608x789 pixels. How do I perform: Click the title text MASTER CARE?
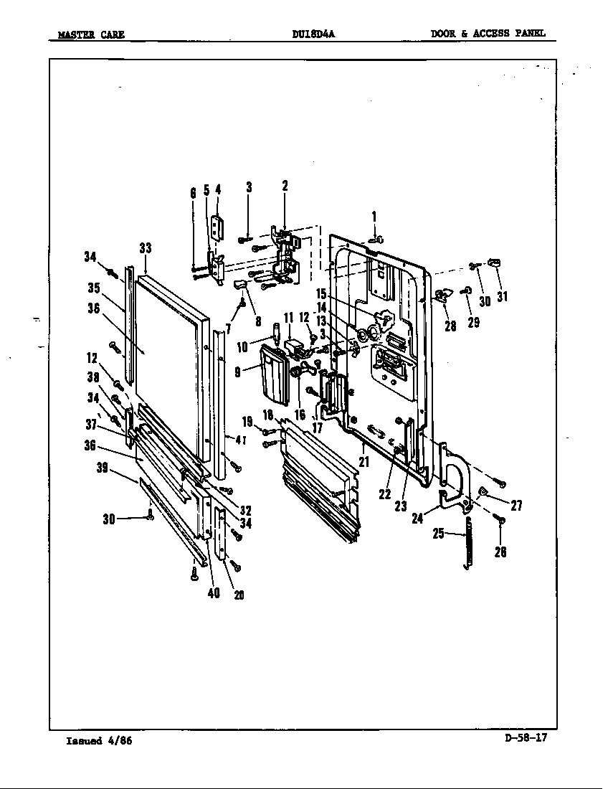[90, 34]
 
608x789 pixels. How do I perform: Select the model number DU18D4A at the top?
[313, 33]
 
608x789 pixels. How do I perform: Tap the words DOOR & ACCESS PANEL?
[488, 33]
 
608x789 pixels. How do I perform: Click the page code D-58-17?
[526, 737]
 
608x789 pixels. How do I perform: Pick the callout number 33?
[146, 248]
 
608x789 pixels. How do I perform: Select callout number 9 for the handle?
[237, 373]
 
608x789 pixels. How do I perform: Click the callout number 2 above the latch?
[285, 186]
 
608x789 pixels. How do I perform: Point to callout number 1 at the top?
[374, 217]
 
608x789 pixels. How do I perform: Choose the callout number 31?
[503, 296]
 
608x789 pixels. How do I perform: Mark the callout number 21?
[364, 462]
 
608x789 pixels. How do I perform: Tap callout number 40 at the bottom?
[214, 593]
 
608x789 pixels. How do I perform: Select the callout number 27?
[516, 506]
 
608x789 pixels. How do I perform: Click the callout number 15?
[321, 293]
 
